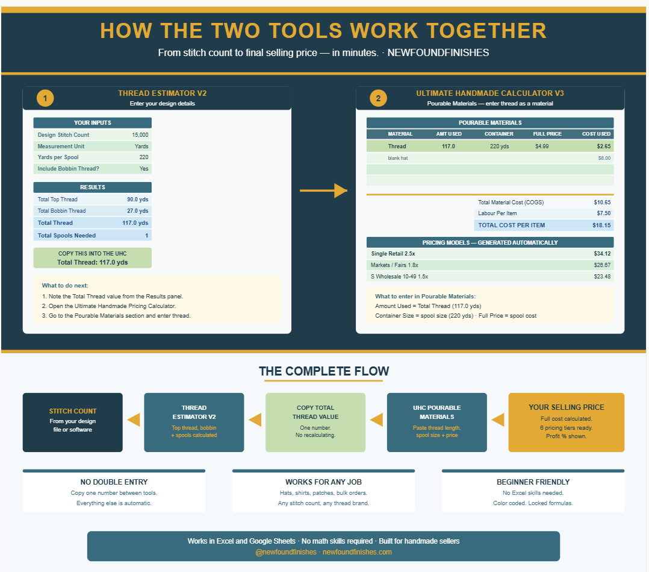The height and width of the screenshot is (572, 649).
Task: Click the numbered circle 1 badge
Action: click(x=45, y=98)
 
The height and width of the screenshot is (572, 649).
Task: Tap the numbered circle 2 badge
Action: click(x=378, y=98)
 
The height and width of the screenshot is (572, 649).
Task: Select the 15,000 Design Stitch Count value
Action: click(x=140, y=134)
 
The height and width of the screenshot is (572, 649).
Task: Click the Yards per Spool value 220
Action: click(x=144, y=157)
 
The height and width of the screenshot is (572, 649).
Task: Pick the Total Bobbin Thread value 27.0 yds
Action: click(x=137, y=210)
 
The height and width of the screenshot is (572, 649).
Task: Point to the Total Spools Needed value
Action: click(x=146, y=236)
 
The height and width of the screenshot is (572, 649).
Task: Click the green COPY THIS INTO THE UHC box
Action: click(x=92, y=258)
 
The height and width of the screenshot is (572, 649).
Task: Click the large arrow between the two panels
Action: click(x=323, y=190)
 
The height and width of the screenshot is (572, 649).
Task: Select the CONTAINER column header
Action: click(x=498, y=134)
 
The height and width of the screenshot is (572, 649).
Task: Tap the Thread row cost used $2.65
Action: click(x=603, y=146)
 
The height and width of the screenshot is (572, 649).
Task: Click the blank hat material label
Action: click(x=398, y=158)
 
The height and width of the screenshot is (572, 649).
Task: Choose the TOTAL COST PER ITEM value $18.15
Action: click(x=601, y=225)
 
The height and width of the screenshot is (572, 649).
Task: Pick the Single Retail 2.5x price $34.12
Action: click(x=602, y=254)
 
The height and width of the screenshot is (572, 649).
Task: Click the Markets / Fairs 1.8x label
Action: click(x=394, y=265)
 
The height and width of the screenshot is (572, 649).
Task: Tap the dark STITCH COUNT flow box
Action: click(x=72, y=423)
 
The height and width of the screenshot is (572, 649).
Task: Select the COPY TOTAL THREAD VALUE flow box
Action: click(x=315, y=423)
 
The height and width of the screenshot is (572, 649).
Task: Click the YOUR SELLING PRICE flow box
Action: click(x=566, y=423)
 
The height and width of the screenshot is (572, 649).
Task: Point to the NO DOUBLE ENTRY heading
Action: click(x=114, y=482)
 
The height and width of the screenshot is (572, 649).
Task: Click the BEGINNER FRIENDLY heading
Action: click(x=533, y=482)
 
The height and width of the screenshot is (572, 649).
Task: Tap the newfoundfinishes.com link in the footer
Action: click(x=357, y=552)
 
